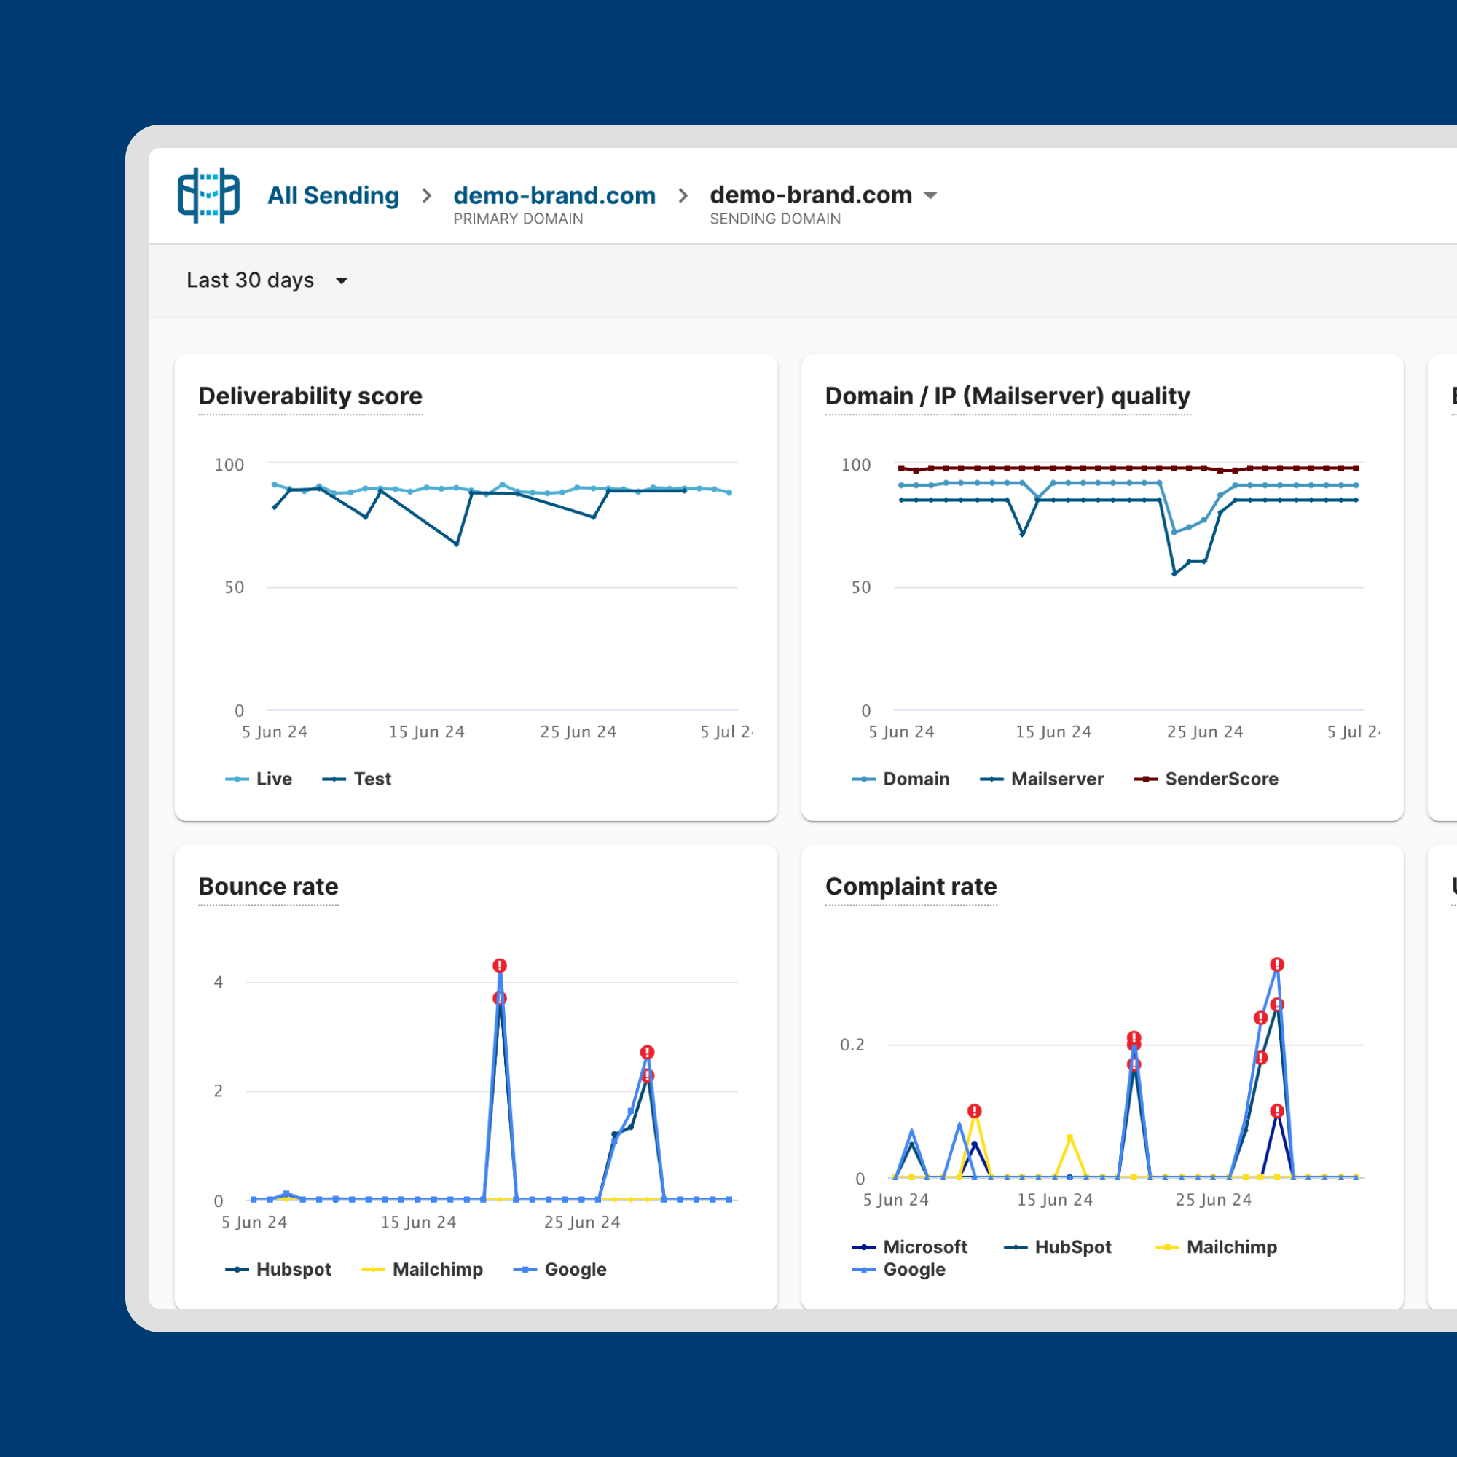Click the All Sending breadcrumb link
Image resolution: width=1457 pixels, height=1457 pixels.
pos(333,195)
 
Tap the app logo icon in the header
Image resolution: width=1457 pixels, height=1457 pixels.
pos(208,195)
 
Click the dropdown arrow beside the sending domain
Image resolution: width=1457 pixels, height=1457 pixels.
pos(930,195)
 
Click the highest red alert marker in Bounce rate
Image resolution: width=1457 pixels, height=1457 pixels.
pos(499,965)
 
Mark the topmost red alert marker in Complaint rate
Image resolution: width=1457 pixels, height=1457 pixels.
pos(1276,965)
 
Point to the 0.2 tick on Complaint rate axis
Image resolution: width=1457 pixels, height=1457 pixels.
pos(852,1045)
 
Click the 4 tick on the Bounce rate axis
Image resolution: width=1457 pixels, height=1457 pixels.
pos(218,982)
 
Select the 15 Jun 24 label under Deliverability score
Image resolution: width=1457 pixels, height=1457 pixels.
pos(426,731)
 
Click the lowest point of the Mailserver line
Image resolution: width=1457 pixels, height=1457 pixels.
pos(1174,574)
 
